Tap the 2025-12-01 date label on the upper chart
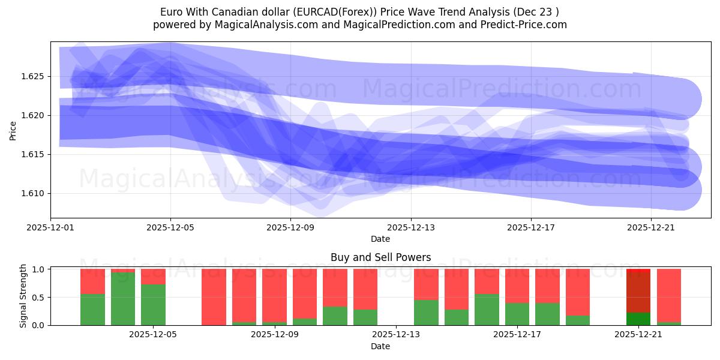[50, 227]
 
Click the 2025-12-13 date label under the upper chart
[410, 227]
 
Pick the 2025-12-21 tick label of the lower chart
[638, 335]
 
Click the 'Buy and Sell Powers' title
[380, 257]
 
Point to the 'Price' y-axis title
[13, 130]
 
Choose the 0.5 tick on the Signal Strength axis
[37, 298]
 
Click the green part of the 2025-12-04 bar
[123, 299]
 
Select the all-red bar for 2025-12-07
[214, 297]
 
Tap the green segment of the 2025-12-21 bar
[638, 319]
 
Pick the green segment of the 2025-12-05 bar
[153, 305]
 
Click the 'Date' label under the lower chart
[380, 346]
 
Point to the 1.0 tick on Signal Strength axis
[37, 269]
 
